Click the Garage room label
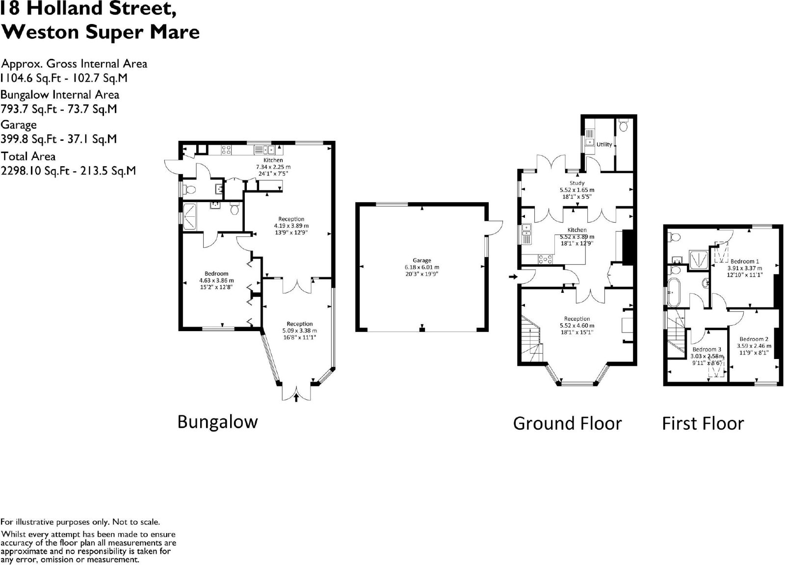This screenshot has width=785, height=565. click(x=421, y=260)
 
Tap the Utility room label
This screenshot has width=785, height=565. click(x=604, y=144)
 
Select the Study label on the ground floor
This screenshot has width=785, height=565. click(x=577, y=183)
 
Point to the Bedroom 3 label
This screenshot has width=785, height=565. click(x=707, y=349)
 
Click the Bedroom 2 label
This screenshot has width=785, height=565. click(x=754, y=339)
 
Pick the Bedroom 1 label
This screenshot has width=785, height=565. click(x=745, y=261)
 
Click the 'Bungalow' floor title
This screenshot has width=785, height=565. click(x=218, y=422)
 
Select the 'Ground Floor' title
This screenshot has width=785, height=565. click(x=567, y=423)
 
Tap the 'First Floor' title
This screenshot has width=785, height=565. click(x=703, y=423)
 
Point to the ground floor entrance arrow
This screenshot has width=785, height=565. click(x=513, y=277)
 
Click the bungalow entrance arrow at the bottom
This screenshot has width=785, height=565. click(x=296, y=397)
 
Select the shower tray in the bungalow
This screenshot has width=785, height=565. click(x=190, y=217)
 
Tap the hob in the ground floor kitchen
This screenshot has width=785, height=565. click(x=545, y=259)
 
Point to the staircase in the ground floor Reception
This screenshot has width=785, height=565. click(x=532, y=339)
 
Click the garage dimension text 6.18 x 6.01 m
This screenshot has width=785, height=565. click(x=421, y=267)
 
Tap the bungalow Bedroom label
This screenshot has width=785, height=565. click(x=216, y=274)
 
